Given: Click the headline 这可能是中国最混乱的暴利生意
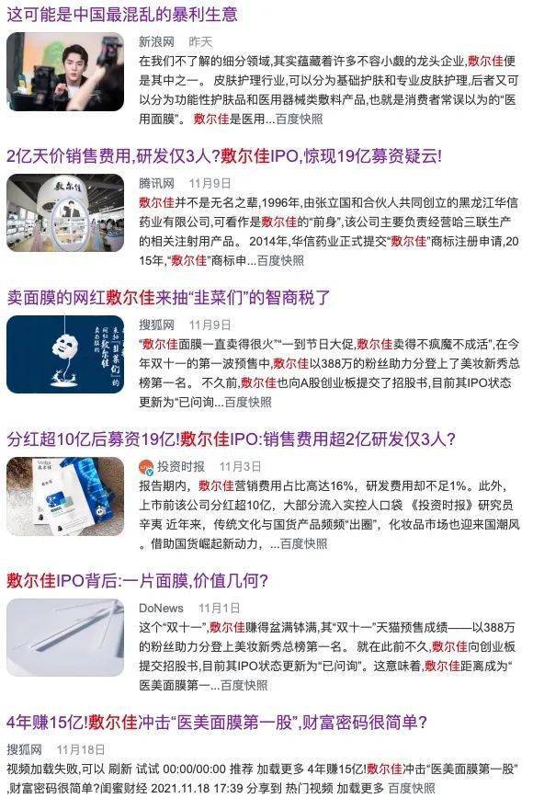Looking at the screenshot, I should [121, 14].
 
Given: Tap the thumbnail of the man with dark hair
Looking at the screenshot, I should [64, 72].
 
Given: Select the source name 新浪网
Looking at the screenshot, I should [157, 42].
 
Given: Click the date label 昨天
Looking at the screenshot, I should [199, 42].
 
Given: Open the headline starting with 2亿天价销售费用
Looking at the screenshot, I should [223, 156].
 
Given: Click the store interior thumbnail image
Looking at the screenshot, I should [64, 213].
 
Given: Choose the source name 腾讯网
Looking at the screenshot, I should [157, 184].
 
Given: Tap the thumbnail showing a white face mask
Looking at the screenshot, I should [64, 355].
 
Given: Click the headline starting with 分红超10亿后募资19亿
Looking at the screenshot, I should [231, 439].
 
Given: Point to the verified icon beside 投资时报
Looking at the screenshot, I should [145, 467].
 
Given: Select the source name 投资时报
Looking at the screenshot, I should [180, 467].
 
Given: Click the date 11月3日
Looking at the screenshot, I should [240, 467].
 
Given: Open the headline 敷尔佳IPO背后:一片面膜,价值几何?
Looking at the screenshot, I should [137, 580].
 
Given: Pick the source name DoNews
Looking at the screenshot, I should [161, 609].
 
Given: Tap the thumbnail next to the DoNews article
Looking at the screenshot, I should [64, 638].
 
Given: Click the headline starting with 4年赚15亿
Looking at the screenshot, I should [217, 722].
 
